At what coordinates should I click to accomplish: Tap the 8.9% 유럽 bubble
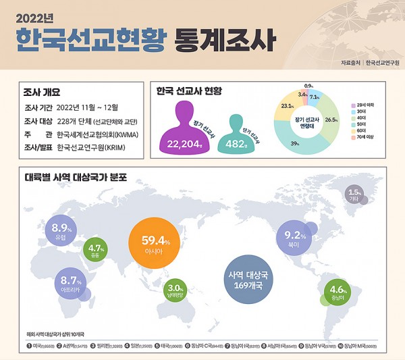(x=61, y=232)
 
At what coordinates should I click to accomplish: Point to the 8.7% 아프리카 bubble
(x=71, y=284)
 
